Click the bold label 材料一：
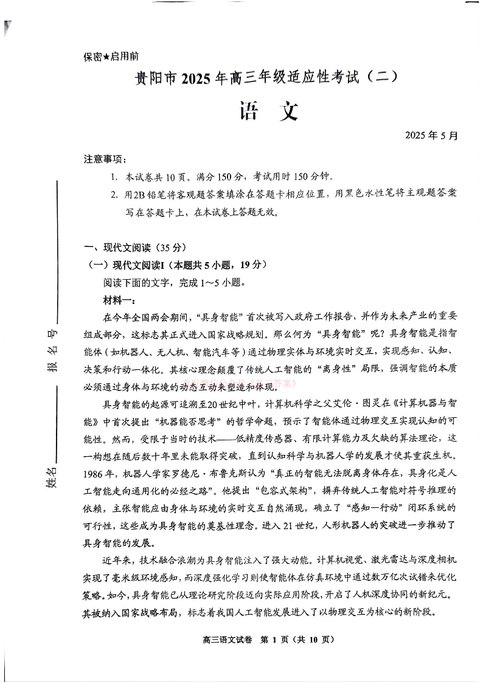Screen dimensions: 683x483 coord(120,300)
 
